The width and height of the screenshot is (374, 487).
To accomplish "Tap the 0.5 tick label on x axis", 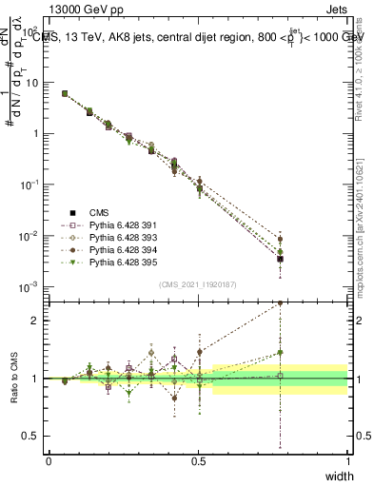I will click(198, 461).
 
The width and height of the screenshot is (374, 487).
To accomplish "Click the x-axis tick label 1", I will click(347, 461).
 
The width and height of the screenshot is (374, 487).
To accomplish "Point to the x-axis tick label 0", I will click(49, 461).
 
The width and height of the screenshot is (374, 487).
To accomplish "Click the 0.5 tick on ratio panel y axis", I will click(31, 436).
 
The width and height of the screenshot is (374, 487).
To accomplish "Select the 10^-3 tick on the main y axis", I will click(29, 286).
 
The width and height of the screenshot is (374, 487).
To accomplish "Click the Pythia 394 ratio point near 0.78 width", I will click(279, 302).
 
